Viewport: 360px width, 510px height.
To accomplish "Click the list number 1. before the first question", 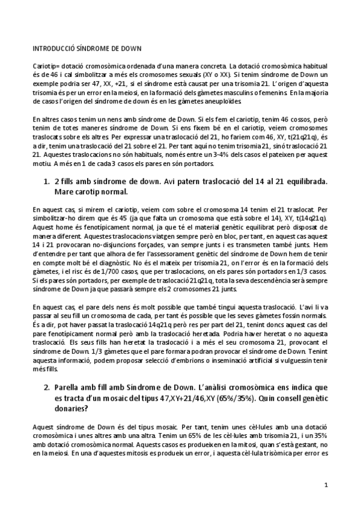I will pos(46,181).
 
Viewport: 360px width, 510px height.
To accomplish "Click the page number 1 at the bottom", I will pos(325,484).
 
